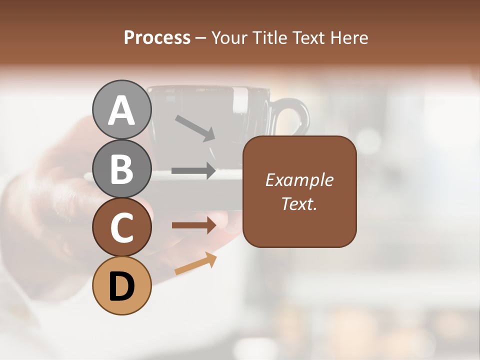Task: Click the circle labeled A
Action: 122,109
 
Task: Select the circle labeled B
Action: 122,168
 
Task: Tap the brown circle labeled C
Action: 122,227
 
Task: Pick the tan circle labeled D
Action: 122,285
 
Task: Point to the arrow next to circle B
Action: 193,170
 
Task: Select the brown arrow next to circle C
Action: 193,225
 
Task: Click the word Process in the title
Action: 157,37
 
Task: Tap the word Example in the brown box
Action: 299,180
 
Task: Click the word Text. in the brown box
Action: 299,203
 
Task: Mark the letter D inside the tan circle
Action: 122,286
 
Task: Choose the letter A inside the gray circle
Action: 122,110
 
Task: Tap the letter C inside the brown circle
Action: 122,228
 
